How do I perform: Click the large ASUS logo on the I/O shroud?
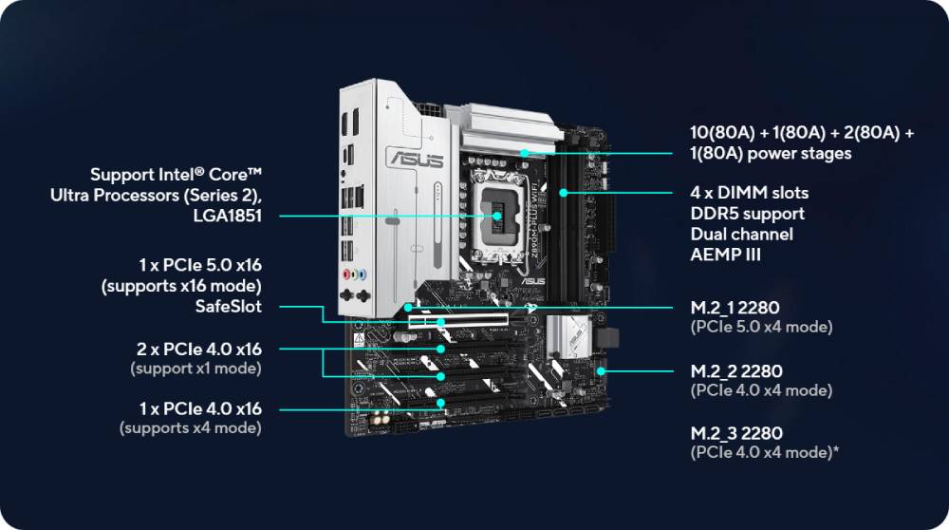[417, 159]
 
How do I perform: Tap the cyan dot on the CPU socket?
[497, 216]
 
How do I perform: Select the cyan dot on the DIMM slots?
[564, 193]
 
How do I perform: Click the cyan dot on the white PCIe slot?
[441, 322]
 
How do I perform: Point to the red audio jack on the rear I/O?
[346, 274]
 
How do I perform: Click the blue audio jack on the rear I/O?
[363, 275]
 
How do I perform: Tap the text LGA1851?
[228, 216]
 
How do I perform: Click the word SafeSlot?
[229, 307]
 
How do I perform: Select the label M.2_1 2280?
[735, 308]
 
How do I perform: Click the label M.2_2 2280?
[736, 371]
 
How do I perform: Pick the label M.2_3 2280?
[736, 434]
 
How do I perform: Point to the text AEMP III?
[726, 255]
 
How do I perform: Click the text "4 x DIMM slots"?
[750, 193]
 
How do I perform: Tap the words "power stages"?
[799, 154]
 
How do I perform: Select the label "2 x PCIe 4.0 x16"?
[199, 350]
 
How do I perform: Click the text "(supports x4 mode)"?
[191, 428]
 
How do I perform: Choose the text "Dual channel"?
[741, 235]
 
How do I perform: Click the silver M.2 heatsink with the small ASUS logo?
[568, 336]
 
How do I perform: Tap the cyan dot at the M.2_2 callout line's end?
[601, 371]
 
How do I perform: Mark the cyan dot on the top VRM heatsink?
[525, 153]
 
